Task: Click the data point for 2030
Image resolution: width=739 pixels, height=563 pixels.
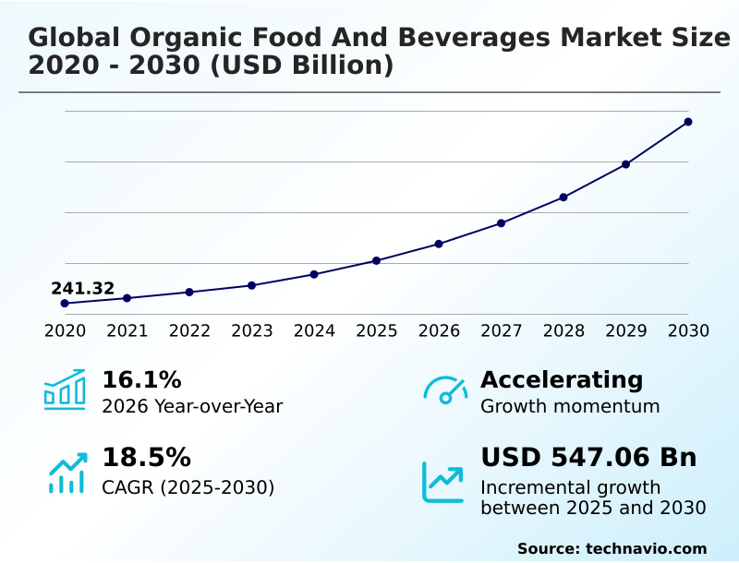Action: point(688,122)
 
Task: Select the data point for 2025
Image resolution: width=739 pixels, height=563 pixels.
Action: point(376,260)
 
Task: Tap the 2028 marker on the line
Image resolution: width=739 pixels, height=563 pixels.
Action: point(563,197)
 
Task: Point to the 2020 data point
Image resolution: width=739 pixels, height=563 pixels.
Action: point(65,303)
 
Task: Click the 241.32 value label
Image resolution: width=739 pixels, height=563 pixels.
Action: point(83,289)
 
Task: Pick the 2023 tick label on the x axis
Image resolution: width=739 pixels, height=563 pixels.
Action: point(251,330)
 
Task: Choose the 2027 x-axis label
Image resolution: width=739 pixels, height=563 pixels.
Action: point(501,330)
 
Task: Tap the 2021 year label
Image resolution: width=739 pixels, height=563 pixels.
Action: point(127,330)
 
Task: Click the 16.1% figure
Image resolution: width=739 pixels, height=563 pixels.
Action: point(141,379)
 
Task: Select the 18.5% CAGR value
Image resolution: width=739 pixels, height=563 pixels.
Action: point(146,458)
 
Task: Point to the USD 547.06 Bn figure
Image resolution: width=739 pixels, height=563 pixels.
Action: point(588,458)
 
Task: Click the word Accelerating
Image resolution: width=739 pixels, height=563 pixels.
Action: point(562,379)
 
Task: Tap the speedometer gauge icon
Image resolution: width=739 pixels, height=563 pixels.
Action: point(445,389)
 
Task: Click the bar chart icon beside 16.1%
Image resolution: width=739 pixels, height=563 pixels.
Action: point(65,389)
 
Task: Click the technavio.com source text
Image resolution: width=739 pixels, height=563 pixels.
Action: point(646,548)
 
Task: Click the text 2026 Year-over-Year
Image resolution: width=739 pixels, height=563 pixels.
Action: point(192,406)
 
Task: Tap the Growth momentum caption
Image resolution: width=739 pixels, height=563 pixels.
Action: point(570,406)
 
